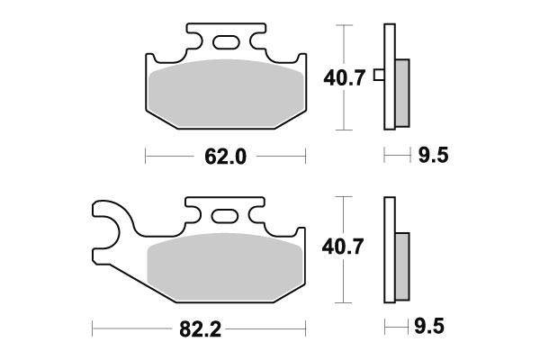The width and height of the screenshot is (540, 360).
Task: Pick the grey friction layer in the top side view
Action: (x=401, y=91)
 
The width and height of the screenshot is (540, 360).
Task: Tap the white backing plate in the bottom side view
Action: (x=389, y=252)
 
